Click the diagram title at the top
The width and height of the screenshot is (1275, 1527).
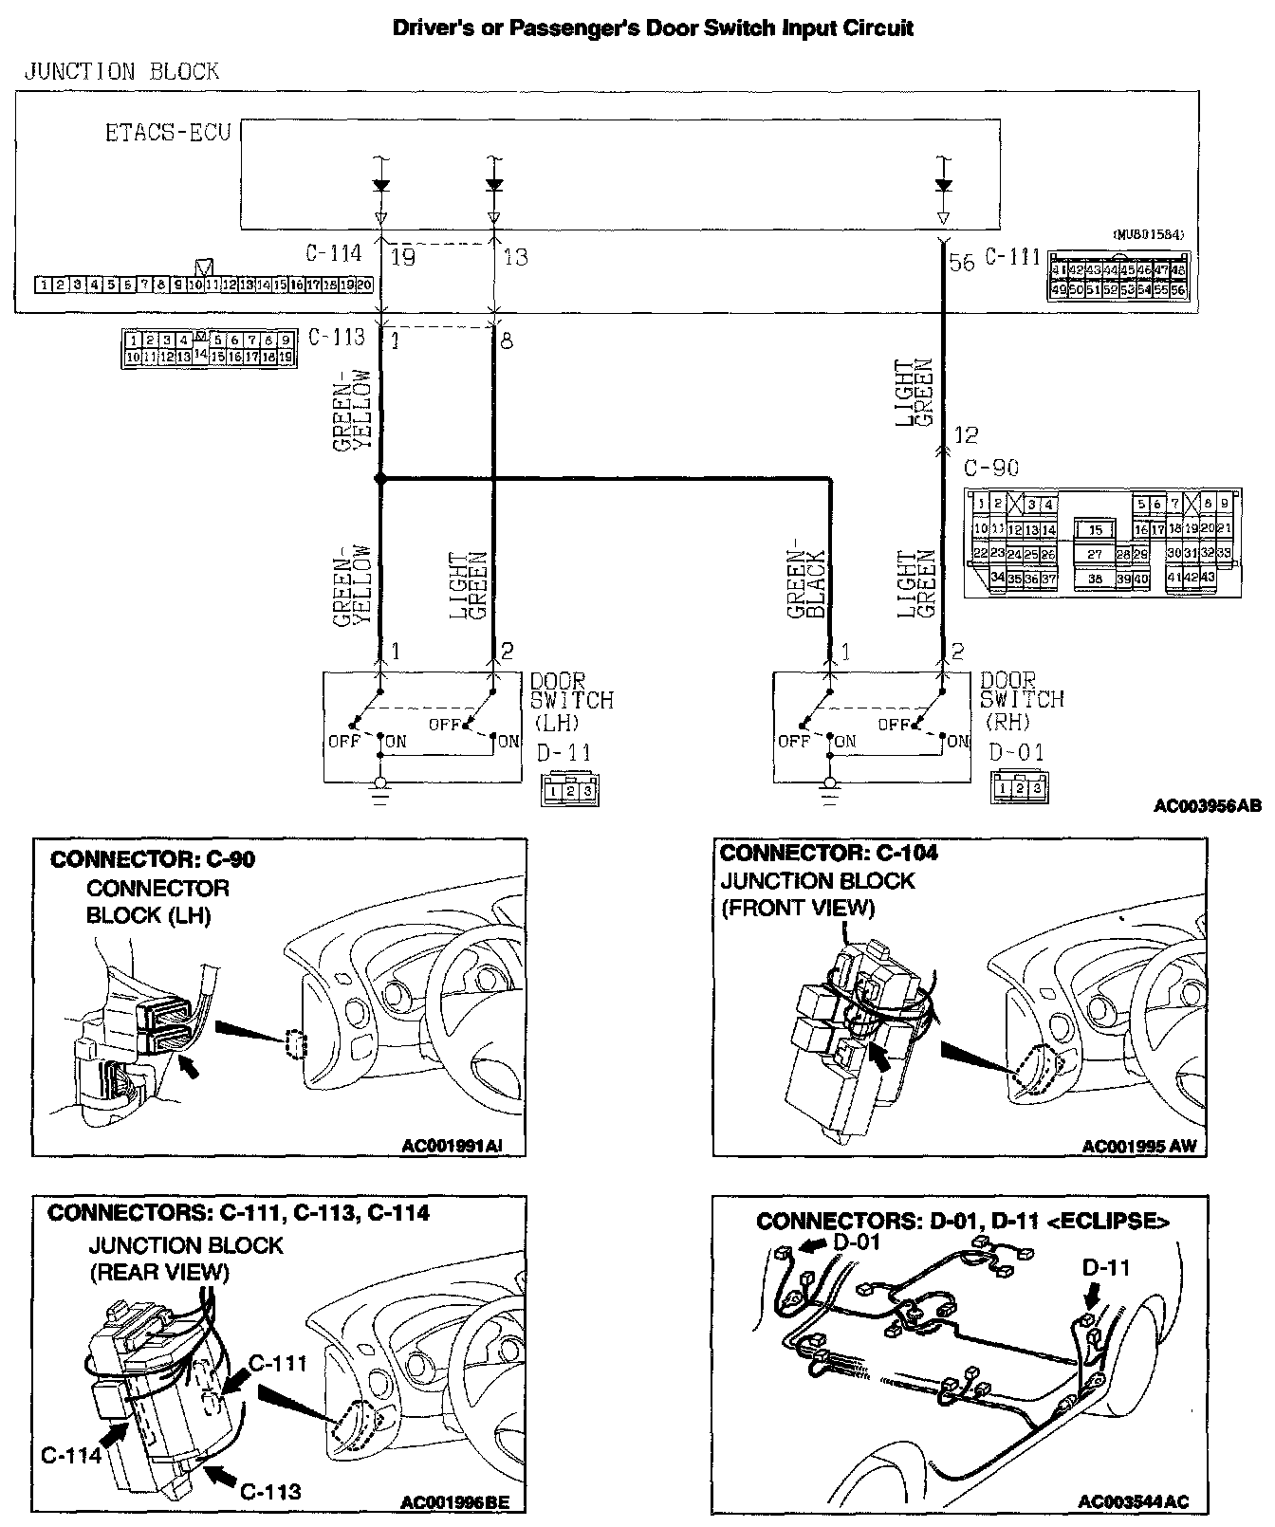[653, 28]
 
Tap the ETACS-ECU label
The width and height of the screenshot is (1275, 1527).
[168, 132]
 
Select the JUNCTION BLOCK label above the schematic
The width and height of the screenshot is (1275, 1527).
[120, 72]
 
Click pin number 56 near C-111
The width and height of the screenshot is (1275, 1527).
[961, 262]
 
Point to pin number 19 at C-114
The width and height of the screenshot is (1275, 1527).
[403, 257]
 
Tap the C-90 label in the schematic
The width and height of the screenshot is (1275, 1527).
[990, 468]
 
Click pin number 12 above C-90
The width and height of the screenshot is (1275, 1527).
[965, 435]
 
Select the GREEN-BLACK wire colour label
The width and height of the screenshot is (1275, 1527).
[808, 584]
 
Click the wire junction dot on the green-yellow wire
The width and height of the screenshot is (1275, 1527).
[380, 481]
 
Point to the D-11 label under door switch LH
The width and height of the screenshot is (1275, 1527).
[564, 752]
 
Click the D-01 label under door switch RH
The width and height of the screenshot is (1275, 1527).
[1016, 752]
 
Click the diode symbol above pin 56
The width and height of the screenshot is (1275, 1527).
[942, 186]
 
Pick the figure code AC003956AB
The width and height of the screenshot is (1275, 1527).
[1207, 807]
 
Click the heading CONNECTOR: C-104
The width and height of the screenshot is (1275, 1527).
[828, 853]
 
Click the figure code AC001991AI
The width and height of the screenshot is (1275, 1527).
[451, 1146]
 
